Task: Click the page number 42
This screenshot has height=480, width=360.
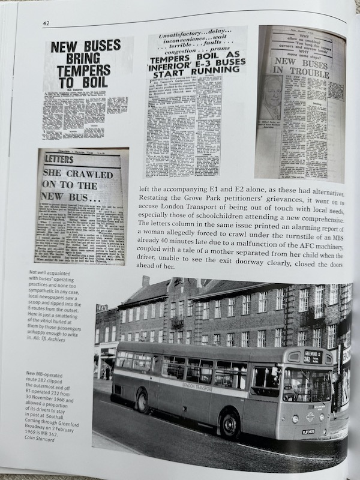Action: [x=46, y=23]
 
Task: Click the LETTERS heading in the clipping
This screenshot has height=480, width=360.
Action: [x=59, y=160]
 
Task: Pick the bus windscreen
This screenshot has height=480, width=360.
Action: [x=307, y=384]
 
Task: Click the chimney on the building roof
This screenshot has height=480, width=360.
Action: [x=146, y=281]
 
